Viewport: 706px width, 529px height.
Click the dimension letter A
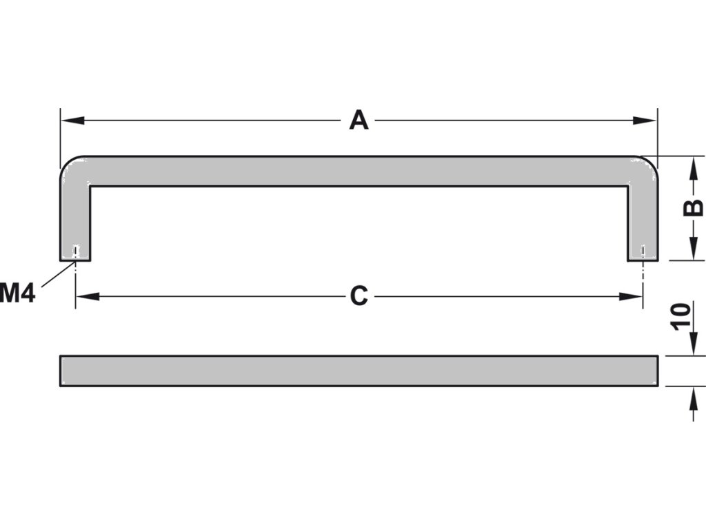click(x=359, y=121)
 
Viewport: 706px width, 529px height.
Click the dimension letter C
click(x=359, y=296)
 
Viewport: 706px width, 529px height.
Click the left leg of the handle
click(x=75, y=220)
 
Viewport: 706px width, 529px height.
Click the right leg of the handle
click(x=643, y=220)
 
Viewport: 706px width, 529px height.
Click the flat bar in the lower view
click(x=359, y=371)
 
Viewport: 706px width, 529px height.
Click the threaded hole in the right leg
click(x=643, y=252)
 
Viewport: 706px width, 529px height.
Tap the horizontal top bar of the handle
click(x=359, y=172)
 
